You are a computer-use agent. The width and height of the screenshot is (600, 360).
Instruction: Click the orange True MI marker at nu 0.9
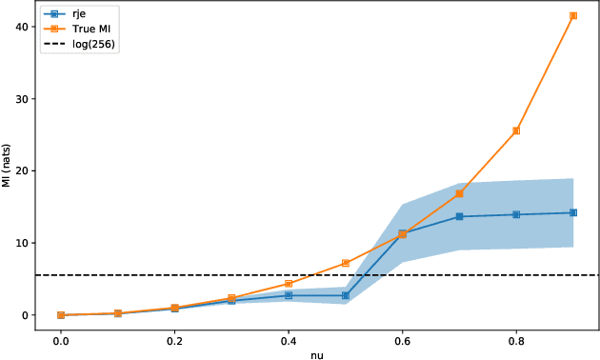click(573, 16)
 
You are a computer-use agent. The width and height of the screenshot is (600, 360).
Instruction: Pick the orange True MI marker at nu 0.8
click(516, 130)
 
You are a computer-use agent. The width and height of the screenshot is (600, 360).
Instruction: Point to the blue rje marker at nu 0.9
click(573, 212)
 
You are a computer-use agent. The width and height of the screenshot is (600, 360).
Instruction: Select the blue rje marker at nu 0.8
click(516, 214)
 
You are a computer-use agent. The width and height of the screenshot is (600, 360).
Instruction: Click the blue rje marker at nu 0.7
click(459, 216)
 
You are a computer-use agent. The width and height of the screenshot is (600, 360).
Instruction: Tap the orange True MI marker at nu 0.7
click(459, 193)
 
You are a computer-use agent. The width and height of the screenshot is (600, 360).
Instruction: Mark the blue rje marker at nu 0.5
click(346, 295)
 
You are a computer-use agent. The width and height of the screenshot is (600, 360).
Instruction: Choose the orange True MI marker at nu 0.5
click(346, 263)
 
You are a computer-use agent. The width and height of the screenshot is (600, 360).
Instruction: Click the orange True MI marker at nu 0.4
click(289, 284)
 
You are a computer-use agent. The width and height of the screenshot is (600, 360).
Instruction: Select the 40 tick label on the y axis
click(21, 27)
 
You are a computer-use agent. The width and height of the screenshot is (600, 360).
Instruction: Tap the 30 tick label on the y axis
click(21, 99)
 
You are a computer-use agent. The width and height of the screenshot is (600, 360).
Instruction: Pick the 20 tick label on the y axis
click(21, 170)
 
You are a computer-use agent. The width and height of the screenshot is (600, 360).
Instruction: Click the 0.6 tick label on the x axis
click(402, 338)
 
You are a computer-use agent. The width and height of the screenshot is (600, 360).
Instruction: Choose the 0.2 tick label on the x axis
click(174, 338)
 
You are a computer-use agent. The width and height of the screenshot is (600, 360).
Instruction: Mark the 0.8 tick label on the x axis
click(516, 338)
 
